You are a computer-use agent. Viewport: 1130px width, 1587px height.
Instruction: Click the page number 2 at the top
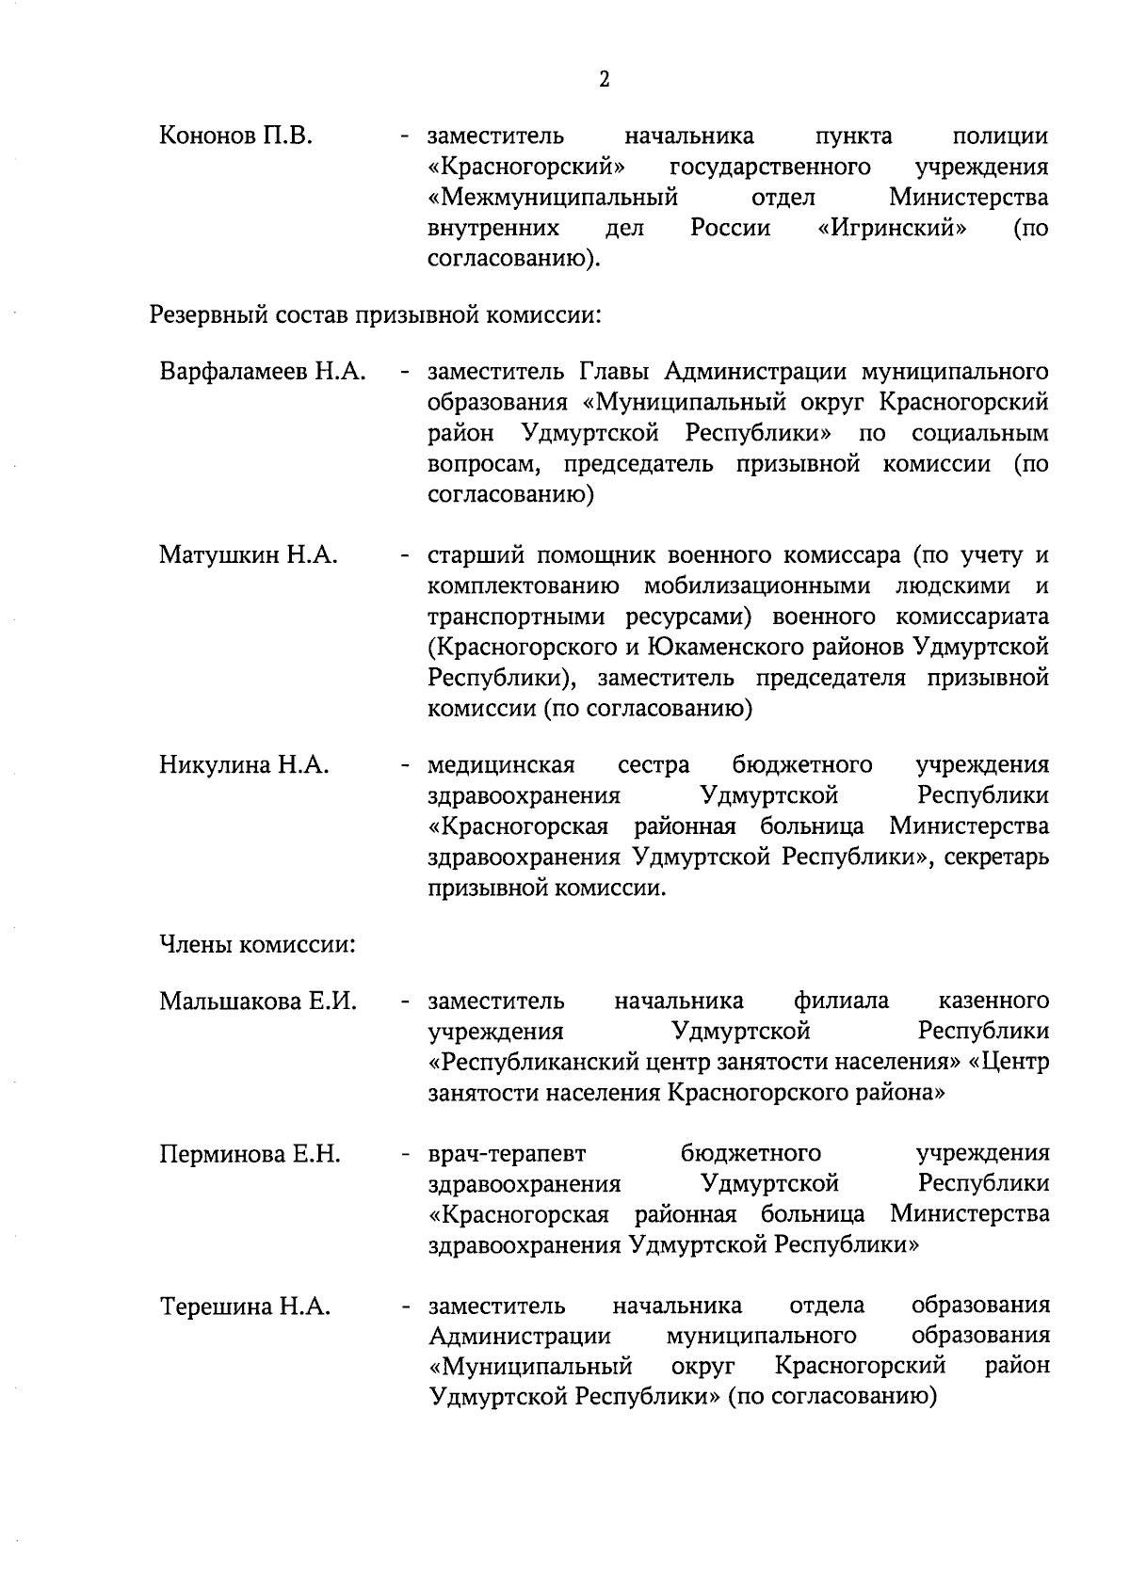pos(604,79)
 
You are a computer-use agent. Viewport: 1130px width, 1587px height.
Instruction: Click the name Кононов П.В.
pos(235,136)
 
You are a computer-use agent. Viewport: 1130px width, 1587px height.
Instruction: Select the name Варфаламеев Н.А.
pos(262,372)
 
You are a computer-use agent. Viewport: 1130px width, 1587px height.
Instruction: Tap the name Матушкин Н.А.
pos(248,555)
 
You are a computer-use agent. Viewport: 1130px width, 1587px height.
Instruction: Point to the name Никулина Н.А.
pos(244,764)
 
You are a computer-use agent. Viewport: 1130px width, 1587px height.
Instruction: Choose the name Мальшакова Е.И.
pos(258,1001)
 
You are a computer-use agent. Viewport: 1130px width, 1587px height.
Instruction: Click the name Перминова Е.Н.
pos(250,1154)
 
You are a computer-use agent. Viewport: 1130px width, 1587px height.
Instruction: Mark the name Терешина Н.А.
pos(245,1306)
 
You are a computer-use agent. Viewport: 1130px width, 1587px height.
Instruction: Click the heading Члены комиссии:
pos(257,944)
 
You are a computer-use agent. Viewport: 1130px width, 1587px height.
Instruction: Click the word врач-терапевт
pos(507,1154)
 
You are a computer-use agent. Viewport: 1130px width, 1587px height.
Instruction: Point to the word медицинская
pos(501,764)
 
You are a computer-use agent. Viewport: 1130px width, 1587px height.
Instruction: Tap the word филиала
pos(841,1001)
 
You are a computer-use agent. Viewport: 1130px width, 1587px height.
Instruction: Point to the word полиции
pos(1000,136)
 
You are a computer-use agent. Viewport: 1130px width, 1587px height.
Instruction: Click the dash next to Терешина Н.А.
pos(405,1306)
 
